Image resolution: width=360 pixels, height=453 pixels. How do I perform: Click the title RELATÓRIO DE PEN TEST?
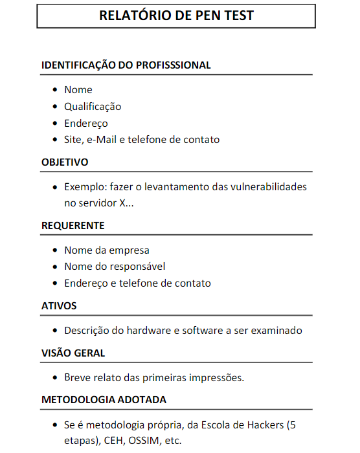[x=176, y=16]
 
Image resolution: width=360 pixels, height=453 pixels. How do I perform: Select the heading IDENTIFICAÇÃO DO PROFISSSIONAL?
[x=126, y=65]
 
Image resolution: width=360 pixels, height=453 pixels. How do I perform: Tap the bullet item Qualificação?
[x=93, y=106]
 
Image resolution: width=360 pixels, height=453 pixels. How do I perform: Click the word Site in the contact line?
[x=73, y=139]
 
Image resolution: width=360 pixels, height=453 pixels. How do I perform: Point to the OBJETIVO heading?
[x=65, y=162]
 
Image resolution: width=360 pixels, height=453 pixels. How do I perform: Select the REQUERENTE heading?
[x=73, y=225]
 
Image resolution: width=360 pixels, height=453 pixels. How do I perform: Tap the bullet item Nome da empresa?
[x=107, y=250]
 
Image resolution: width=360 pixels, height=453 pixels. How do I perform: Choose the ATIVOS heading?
[x=59, y=305]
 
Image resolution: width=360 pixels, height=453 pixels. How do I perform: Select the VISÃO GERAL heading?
[x=73, y=353]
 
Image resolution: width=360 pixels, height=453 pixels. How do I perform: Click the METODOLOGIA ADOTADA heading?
[x=104, y=399]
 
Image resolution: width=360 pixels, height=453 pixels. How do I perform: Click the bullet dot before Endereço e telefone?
[x=54, y=283]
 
